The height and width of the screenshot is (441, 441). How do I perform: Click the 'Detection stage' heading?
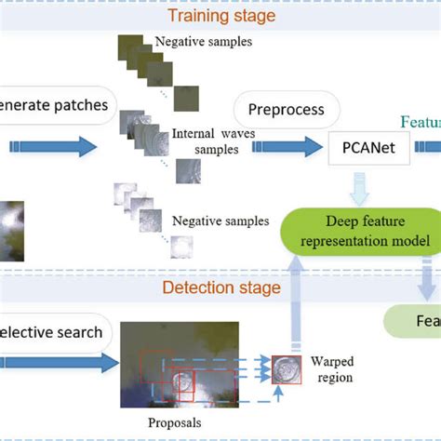[x=221, y=287]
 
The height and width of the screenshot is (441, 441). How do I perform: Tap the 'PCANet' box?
[x=368, y=146]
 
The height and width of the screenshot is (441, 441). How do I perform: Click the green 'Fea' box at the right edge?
[x=415, y=322]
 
